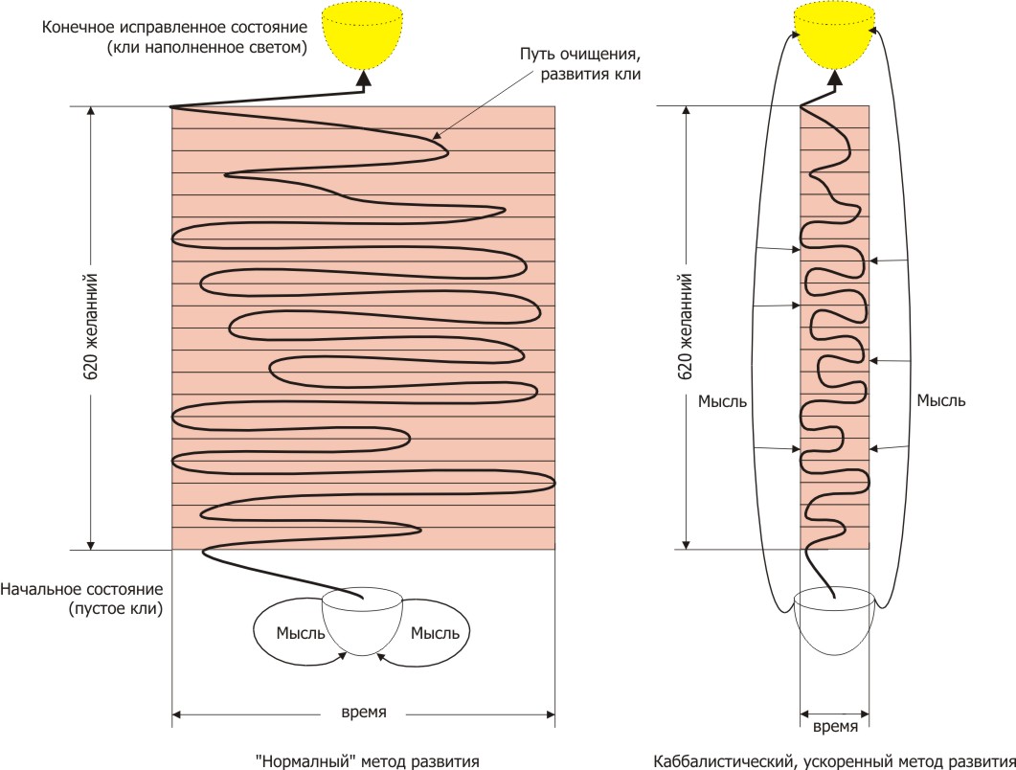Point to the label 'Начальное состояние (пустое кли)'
click(x=81, y=598)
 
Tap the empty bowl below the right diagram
click(x=835, y=623)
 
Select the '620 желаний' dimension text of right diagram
click(x=685, y=327)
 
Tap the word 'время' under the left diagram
click(x=364, y=713)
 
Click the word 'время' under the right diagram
click(x=835, y=727)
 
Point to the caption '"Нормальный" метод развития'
click(x=367, y=760)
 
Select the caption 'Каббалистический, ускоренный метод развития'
click(x=833, y=760)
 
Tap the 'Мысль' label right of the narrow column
click(x=940, y=400)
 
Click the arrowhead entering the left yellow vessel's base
click(x=364, y=79)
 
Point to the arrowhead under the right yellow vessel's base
click(x=835, y=80)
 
